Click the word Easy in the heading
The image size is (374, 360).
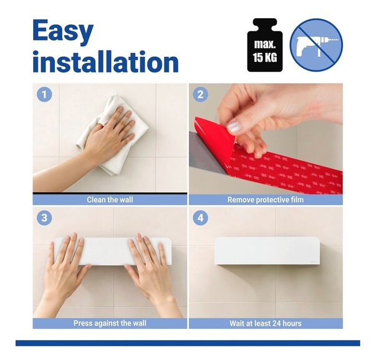pyautogui.click(x=63, y=31)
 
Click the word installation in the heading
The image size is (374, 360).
pyautogui.click(x=105, y=62)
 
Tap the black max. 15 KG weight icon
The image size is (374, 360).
pyautogui.click(x=265, y=45)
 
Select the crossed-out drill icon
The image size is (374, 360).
pyautogui.click(x=316, y=45)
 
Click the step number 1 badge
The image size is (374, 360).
pyautogui.click(x=44, y=95)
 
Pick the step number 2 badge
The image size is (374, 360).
pyautogui.click(x=200, y=95)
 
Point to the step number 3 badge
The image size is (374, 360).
pyautogui.click(x=44, y=218)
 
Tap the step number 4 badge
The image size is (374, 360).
pyautogui.click(x=200, y=218)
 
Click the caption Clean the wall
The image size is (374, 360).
pyautogui.click(x=110, y=200)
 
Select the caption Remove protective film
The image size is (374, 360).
pyautogui.click(x=266, y=200)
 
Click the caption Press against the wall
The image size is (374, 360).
pyautogui.click(x=110, y=323)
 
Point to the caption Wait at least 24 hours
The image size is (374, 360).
pyautogui.click(x=266, y=323)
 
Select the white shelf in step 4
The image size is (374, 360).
pyautogui.click(x=267, y=251)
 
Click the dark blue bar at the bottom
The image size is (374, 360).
pyautogui.click(x=188, y=343)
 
